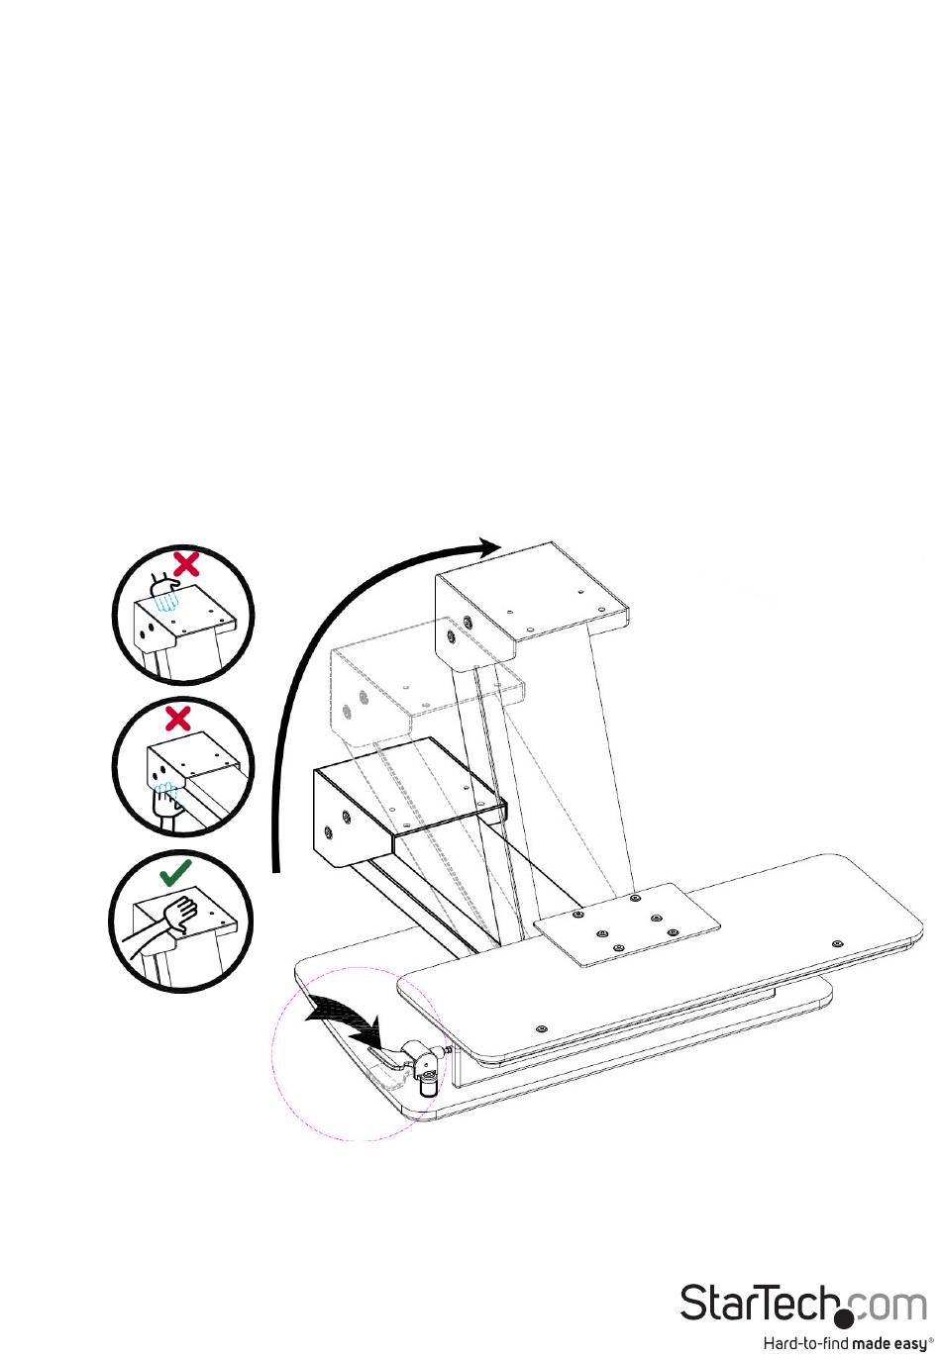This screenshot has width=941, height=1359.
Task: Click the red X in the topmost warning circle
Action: tap(185, 564)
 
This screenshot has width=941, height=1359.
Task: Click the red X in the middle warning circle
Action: tap(178, 717)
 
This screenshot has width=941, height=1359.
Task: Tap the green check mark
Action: tap(176, 872)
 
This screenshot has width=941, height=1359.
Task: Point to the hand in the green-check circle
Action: tap(183, 913)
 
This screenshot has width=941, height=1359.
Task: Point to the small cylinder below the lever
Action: tap(429, 1087)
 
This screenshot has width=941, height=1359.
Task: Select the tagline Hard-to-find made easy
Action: tap(847, 1343)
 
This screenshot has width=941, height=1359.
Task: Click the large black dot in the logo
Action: tap(844, 1318)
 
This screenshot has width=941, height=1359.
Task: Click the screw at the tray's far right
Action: tap(837, 943)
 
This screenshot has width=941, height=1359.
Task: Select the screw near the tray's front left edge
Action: tap(539, 1027)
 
